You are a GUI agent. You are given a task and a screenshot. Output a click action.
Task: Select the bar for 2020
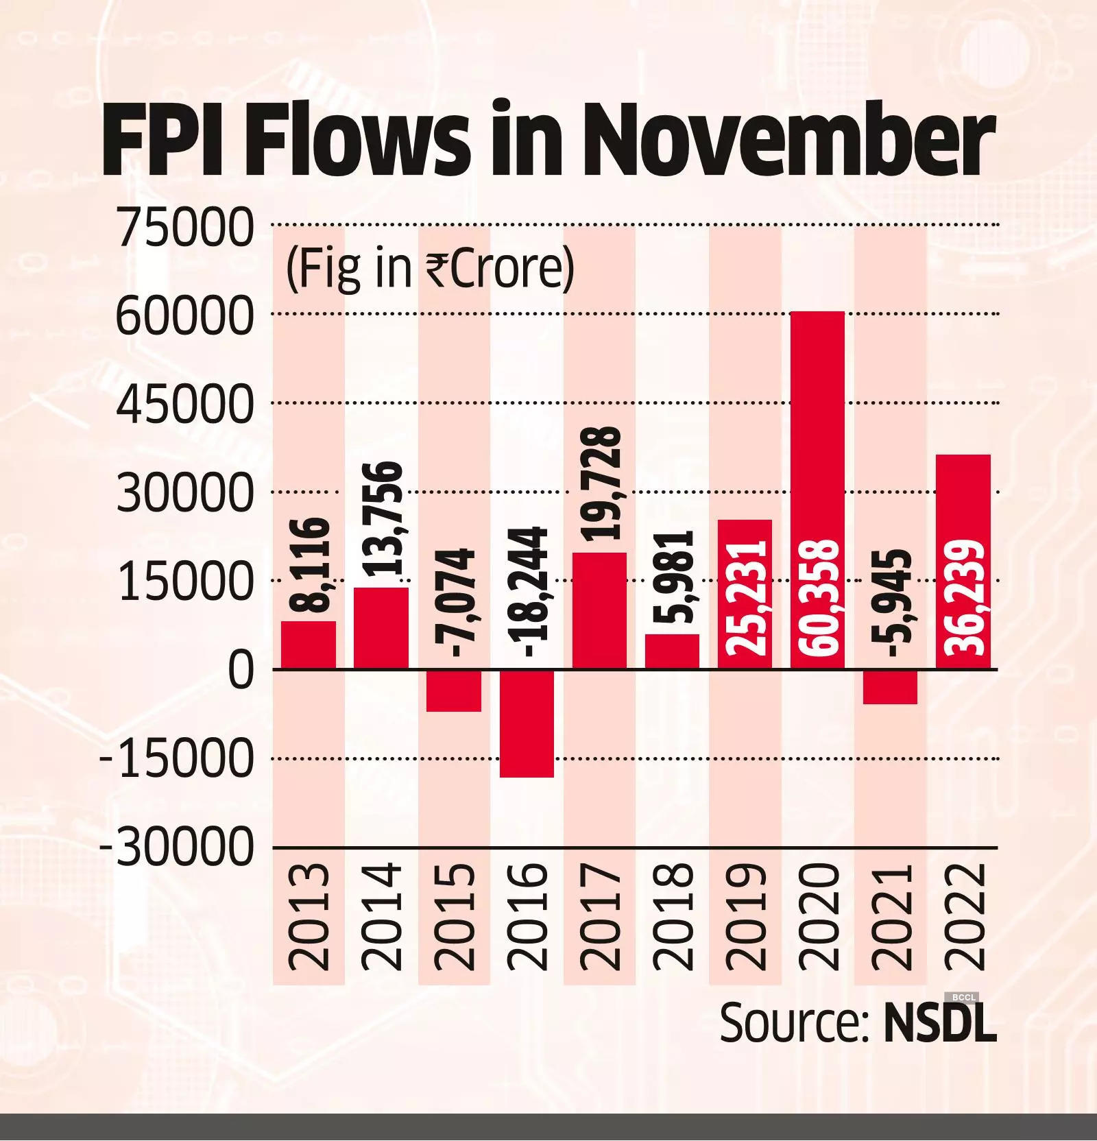tap(817, 490)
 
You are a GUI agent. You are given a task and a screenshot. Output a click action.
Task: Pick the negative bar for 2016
tap(527, 723)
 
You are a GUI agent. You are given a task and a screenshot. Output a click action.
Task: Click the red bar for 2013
tap(309, 645)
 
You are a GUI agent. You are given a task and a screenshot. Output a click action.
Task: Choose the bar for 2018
tap(672, 651)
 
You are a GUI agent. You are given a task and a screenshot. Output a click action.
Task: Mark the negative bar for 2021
tap(890, 686)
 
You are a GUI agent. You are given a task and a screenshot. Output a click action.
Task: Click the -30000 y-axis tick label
tap(177, 848)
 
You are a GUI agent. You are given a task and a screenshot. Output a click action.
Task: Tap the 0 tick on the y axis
tap(240, 671)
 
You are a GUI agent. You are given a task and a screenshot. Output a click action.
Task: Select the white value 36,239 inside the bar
tap(964, 597)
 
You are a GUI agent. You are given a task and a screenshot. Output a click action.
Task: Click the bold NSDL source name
tap(940, 1023)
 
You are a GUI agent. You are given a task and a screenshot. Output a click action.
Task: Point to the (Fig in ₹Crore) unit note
tap(430, 269)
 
